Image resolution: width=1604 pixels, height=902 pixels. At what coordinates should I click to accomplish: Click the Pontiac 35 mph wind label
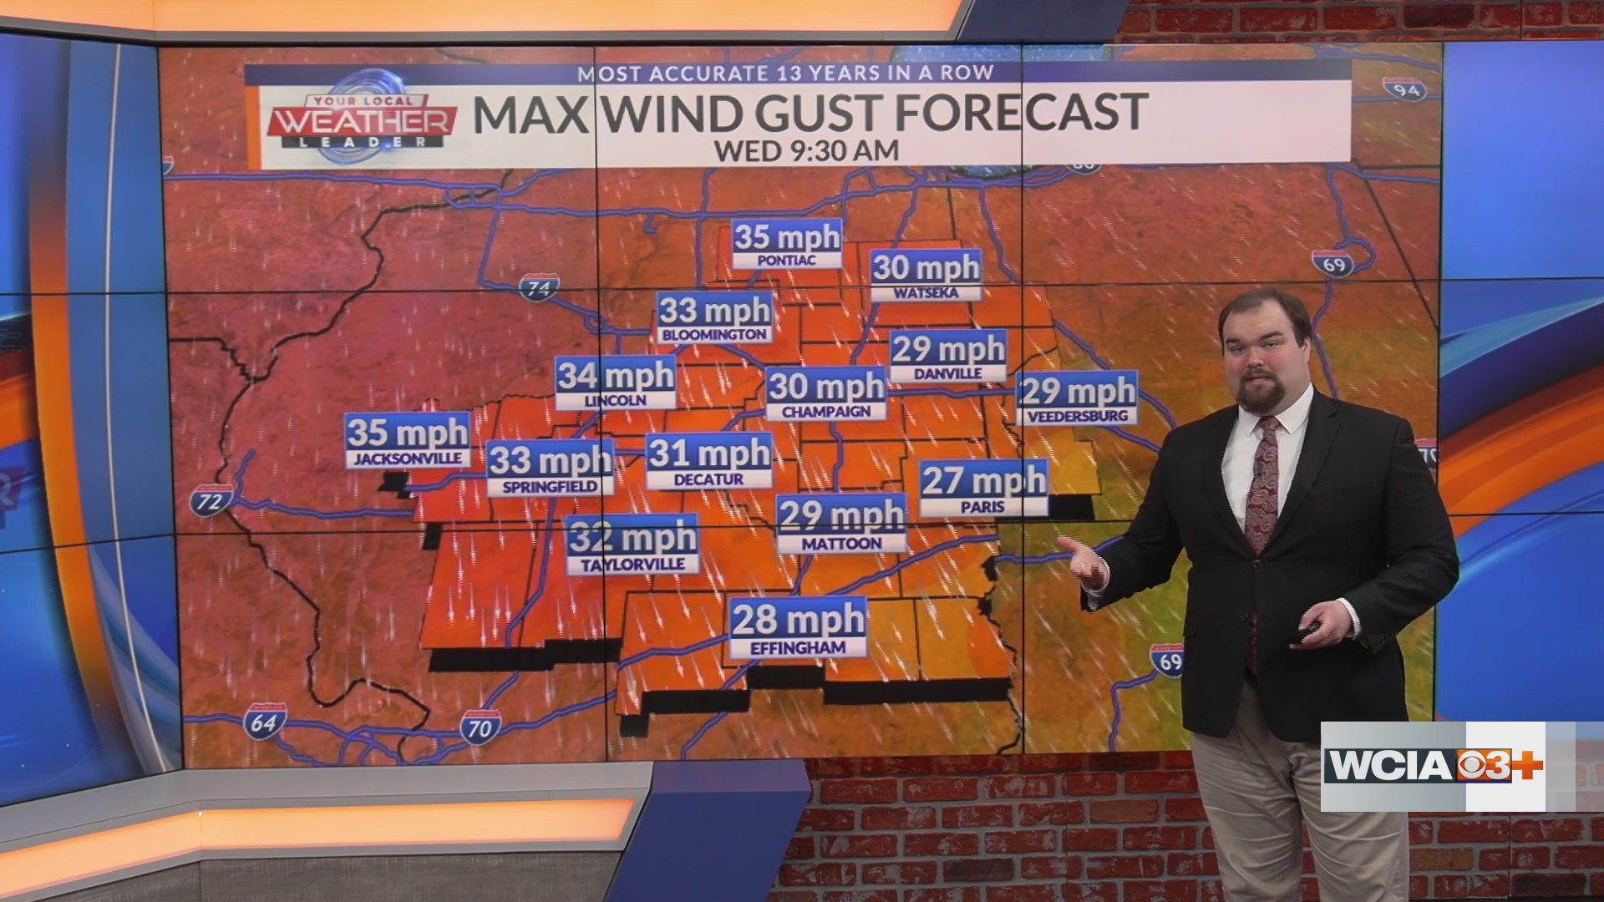point(786,245)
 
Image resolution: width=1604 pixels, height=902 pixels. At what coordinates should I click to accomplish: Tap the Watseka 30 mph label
point(925,276)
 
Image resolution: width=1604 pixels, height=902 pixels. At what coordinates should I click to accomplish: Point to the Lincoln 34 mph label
point(616,384)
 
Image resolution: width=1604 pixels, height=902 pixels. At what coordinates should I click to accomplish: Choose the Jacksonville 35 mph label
point(407,441)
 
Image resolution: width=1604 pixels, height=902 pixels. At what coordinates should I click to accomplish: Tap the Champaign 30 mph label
point(825,394)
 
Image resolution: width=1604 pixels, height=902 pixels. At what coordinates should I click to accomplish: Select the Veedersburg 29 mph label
point(1077,398)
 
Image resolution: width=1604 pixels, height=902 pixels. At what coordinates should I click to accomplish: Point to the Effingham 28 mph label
point(798,628)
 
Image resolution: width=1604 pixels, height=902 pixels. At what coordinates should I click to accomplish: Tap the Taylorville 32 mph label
point(632,545)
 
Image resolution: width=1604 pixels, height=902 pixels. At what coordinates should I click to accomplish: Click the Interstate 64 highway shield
point(264,722)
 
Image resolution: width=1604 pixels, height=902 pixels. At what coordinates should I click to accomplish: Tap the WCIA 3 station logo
point(1433,765)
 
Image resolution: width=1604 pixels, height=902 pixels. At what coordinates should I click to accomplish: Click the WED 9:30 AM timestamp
point(806,150)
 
